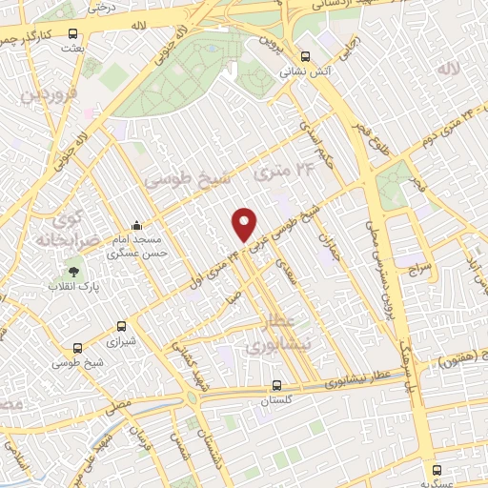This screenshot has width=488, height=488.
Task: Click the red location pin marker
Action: (245, 223)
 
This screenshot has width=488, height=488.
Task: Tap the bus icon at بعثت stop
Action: (73, 33)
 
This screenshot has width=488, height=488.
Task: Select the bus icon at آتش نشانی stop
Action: (305, 55)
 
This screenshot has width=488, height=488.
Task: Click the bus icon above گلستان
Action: (276, 386)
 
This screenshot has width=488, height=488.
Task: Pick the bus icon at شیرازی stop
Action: (120, 326)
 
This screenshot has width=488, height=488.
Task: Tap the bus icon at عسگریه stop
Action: (437, 470)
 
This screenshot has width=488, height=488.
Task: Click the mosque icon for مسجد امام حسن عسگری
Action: (138, 226)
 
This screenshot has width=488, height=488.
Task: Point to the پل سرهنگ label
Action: (410, 372)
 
